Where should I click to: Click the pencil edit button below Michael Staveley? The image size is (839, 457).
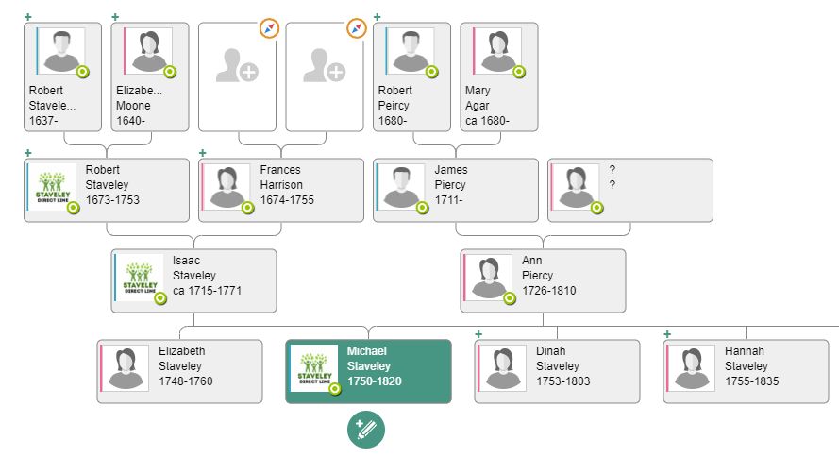point(366,430)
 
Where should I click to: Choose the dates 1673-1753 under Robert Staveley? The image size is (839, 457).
point(112,200)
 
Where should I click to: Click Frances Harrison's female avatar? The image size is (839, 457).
point(227,187)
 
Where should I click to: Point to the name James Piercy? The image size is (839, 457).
point(451,178)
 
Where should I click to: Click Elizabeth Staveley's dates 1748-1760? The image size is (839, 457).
point(186,381)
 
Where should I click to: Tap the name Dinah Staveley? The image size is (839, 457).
point(557,359)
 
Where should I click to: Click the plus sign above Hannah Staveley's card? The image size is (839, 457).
point(667,334)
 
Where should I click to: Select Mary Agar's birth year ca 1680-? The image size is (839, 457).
point(487,121)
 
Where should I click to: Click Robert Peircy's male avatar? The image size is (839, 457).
point(410,50)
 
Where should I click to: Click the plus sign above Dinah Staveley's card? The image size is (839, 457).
point(478,334)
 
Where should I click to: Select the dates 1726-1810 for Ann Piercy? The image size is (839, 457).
point(548,291)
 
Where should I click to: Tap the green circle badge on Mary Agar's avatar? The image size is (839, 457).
point(519,72)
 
